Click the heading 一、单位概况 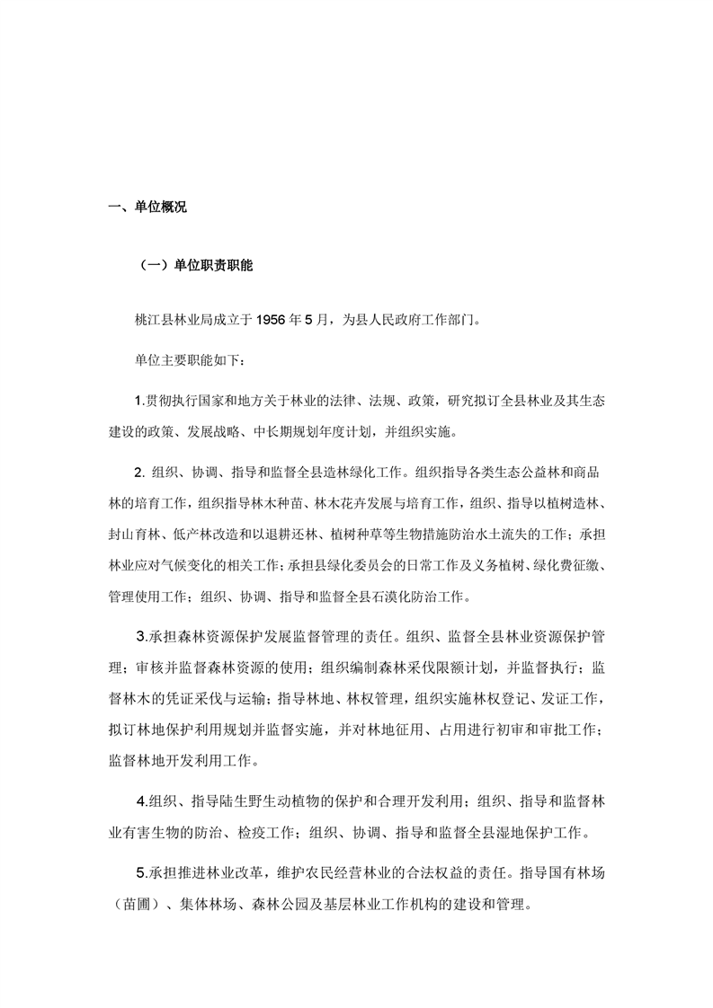[x=147, y=208]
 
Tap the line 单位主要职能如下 [x=183, y=359]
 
